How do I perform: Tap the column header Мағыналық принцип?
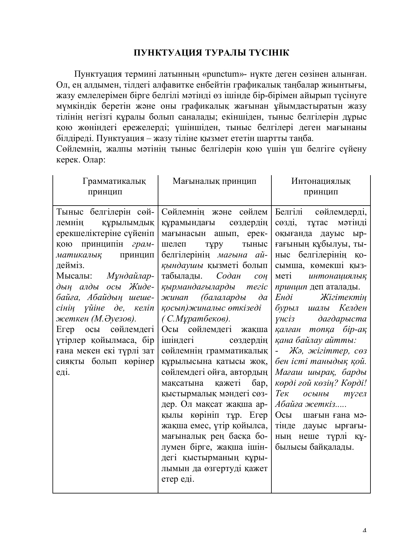pos(215,181)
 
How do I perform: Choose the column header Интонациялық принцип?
pos(321,186)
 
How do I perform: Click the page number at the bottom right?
pos(365,530)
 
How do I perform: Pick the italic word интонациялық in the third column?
pos(337,276)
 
